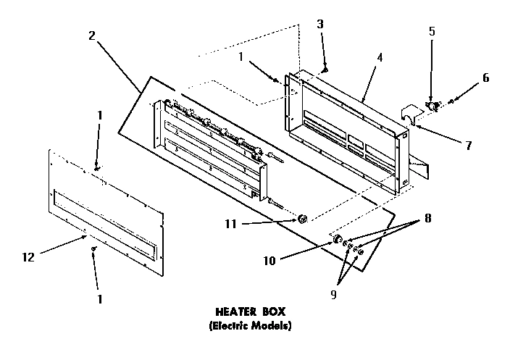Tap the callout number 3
(319, 24)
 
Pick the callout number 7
(469, 146)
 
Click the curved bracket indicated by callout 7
(411, 116)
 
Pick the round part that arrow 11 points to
(303, 218)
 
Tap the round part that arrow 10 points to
(337, 238)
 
